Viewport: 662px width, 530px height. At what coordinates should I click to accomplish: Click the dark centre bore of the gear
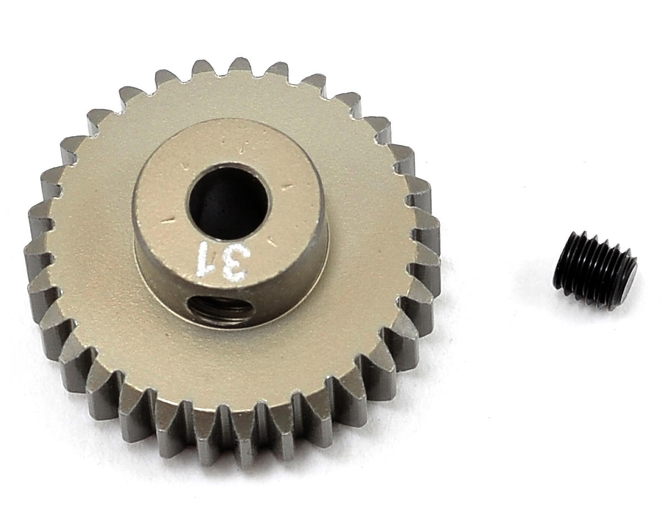click(x=228, y=203)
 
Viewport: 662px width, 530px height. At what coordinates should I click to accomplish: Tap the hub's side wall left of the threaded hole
click(x=160, y=287)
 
